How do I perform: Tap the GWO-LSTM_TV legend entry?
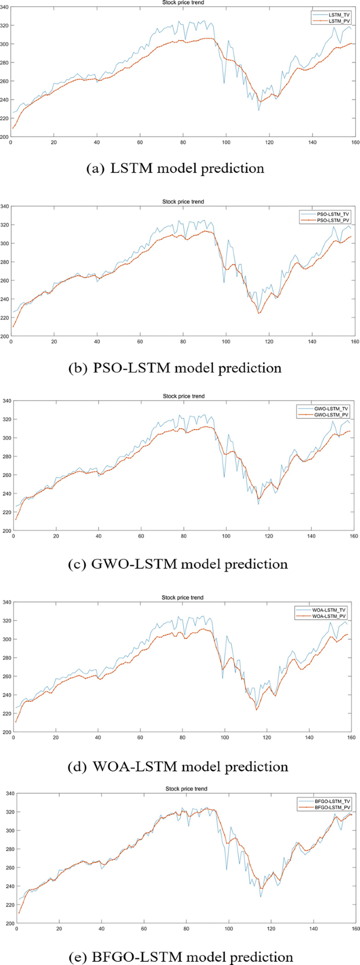coord(331,409)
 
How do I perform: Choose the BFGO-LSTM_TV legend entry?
coord(332,801)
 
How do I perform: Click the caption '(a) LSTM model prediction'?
coord(175,168)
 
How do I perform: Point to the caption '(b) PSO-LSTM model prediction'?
coord(175,368)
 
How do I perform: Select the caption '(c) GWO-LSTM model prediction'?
coord(178,564)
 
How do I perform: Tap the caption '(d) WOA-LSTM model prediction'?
coord(178,766)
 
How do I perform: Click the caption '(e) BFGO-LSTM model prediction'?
coord(180,957)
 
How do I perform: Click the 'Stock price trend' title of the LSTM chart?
coord(183,3)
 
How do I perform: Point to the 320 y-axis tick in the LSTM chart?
coord(5,25)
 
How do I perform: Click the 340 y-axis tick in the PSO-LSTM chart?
coord(5,206)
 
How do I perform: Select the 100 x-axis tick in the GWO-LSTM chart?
coord(225,536)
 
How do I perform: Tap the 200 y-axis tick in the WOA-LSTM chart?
coord(5,732)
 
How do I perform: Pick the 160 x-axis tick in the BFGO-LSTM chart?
coord(356,929)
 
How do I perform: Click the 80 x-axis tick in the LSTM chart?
coord(183,142)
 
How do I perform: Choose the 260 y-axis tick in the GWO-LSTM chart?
coord(5,475)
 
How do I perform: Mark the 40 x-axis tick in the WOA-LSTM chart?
coord(98,738)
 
